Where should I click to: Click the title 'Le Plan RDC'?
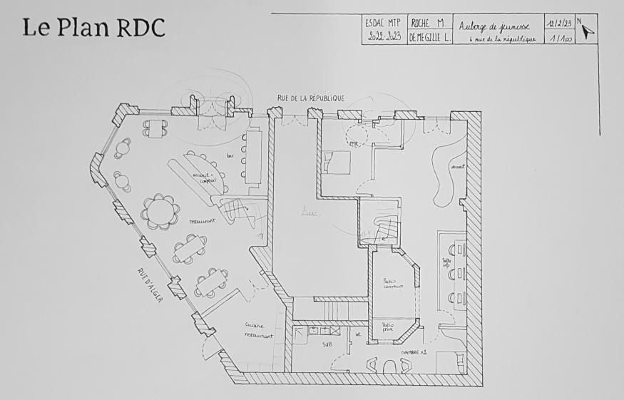point(93,28)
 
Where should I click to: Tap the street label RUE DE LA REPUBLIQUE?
point(312,98)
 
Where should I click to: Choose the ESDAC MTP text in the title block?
point(384,23)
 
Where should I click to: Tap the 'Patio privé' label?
point(387,327)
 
